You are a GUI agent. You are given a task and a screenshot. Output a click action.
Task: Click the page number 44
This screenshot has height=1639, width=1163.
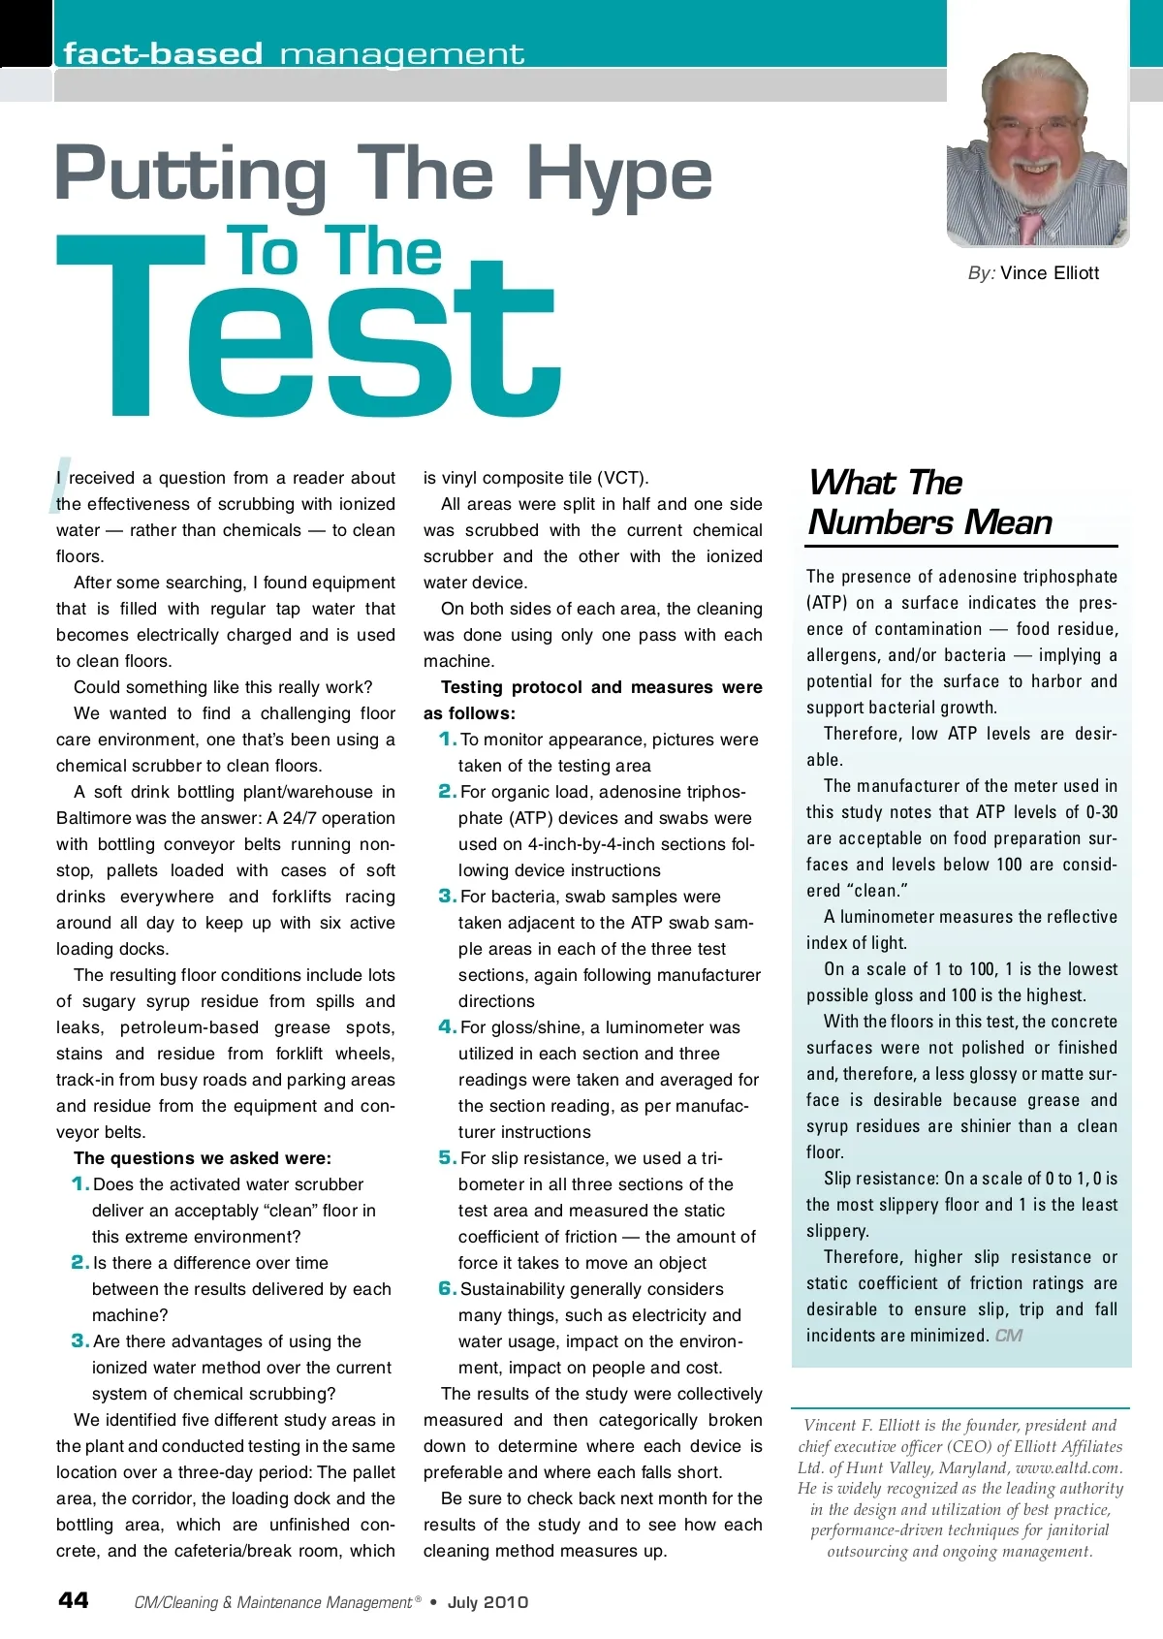(x=74, y=1600)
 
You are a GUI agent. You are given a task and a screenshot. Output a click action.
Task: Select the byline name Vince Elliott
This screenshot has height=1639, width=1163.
(x=1050, y=273)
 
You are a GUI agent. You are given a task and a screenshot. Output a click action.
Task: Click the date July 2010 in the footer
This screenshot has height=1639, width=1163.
(x=487, y=1602)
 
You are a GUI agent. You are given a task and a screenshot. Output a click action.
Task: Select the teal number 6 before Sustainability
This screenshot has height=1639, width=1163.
(x=447, y=1288)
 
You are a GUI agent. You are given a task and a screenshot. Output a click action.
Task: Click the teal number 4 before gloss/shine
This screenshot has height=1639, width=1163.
(x=447, y=1026)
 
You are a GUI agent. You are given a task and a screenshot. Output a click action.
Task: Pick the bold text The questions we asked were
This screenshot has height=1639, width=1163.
(x=203, y=1158)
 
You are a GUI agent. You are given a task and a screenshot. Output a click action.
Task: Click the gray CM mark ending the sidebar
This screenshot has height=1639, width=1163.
(x=1008, y=1336)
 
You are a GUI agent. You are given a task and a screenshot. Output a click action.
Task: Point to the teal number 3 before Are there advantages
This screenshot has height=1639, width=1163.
(x=80, y=1340)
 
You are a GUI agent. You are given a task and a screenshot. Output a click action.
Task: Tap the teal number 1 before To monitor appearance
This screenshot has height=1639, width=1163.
(x=447, y=739)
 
